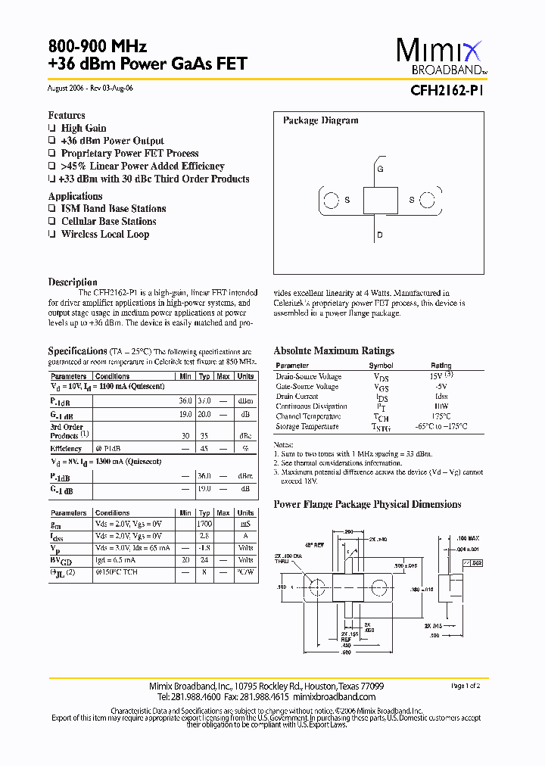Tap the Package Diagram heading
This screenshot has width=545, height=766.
click(320, 120)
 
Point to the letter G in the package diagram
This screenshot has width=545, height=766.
click(380, 170)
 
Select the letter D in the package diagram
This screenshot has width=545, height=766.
click(380, 235)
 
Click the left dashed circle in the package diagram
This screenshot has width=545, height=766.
click(331, 201)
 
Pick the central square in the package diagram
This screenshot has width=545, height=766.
click(380, 201)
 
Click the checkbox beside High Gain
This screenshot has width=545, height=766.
click(52, 129)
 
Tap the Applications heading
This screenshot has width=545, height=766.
click(75, 196)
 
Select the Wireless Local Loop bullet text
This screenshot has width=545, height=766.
click(105, 235)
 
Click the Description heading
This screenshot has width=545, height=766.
click(73, 282)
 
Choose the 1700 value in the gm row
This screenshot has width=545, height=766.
click(204, 523)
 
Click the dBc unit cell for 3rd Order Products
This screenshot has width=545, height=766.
click(245, 436)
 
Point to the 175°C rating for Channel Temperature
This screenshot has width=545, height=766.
click(441, 416)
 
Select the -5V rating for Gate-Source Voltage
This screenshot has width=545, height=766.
click(441, 386)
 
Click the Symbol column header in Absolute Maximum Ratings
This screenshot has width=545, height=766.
click(381, 366)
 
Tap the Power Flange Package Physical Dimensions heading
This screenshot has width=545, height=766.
click(367, 504)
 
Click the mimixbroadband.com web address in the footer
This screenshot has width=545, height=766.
click(334, 696)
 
